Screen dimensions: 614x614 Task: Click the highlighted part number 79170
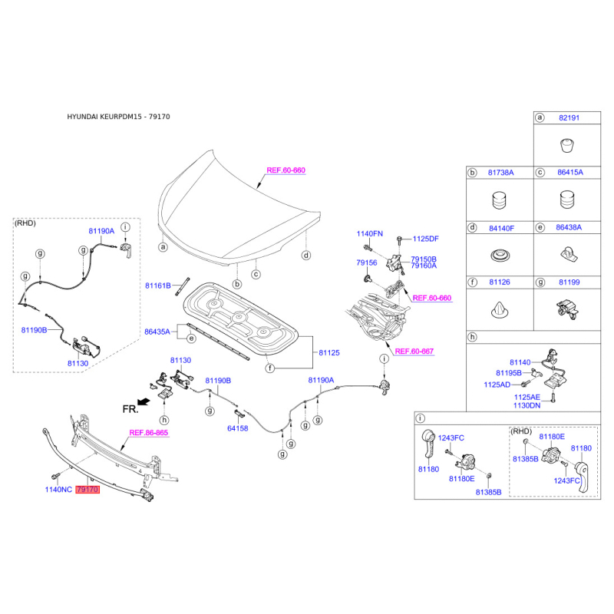pos(87,490)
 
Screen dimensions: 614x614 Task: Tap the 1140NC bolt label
pos(58,490)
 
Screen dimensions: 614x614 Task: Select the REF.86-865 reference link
pos(148,433)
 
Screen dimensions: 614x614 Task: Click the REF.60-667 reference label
pos(414,352)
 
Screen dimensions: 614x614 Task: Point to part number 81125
pos(329,352)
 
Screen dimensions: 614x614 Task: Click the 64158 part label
pos(238,428)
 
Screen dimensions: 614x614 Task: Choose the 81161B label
pos(158,286)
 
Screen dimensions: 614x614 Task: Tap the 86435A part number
pos(157,332)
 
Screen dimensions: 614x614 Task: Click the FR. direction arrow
pos(144,401)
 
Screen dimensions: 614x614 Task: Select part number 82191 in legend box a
pos(569,118)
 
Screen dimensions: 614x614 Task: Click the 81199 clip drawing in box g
pos(567,309)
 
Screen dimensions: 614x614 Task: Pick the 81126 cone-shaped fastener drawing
pos(500,310)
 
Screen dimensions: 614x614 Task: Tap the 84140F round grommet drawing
pos(500,256)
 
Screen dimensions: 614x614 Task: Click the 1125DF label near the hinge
pos(426,239)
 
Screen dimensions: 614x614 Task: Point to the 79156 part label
pos(367,262)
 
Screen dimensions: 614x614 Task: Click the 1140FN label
pos(370,234)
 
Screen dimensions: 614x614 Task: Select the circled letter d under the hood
pos(306,256)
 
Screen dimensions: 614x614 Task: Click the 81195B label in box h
pos(509,373)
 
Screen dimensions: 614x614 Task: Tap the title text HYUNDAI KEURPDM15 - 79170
pos(118,117)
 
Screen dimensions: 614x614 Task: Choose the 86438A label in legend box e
pos(569,227)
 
